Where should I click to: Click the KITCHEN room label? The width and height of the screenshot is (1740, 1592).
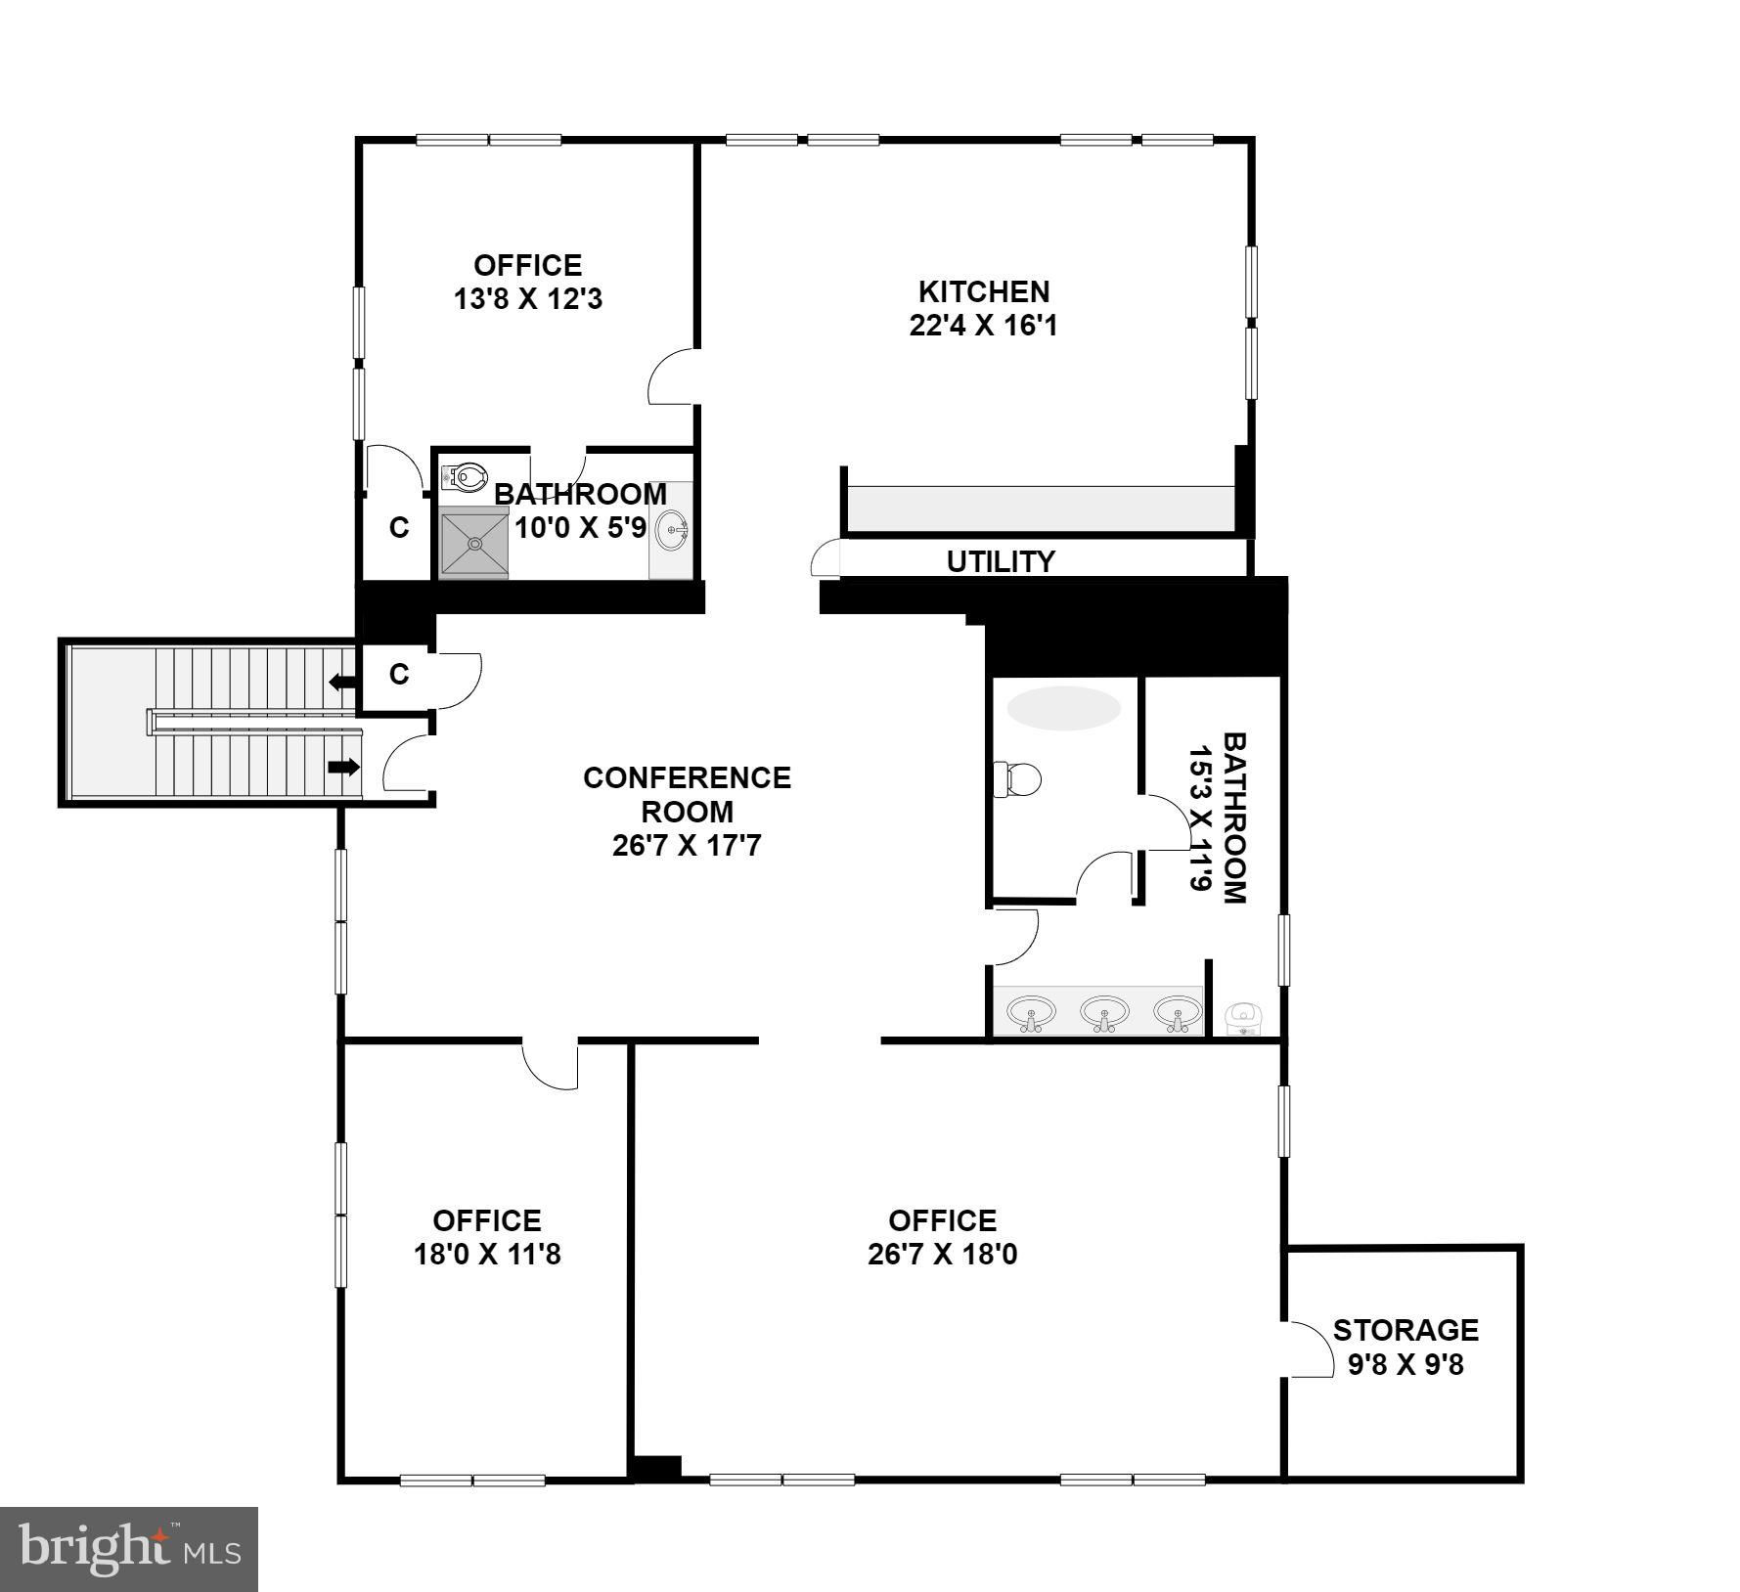984,291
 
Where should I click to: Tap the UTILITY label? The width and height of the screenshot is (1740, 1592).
1001,561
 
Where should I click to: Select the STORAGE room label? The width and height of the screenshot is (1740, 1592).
1405,1330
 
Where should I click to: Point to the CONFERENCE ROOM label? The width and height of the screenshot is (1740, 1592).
687,794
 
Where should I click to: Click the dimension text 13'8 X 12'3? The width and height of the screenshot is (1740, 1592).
528,299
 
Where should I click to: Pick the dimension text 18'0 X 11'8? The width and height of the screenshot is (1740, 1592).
487,1254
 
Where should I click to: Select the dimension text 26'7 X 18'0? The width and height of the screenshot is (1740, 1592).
942,1254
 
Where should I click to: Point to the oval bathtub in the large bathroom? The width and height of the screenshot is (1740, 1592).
1064,708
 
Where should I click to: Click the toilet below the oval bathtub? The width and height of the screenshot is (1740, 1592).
1017,780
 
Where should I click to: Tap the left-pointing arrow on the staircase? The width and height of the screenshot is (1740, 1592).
342,682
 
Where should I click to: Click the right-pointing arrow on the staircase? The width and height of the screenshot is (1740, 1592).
343,768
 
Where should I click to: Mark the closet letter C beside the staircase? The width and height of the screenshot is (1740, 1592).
399,674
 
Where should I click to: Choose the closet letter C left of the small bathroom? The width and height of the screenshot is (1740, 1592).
399,527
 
